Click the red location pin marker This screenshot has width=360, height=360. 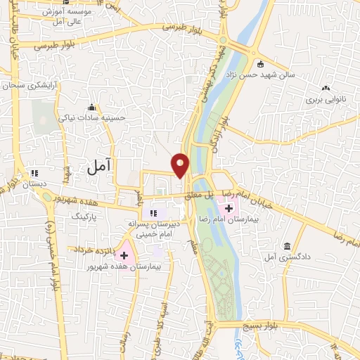tap(181, 164)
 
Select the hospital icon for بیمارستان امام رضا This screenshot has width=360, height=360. tap(229, 208)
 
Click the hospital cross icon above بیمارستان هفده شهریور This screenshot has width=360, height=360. tap(125, 256)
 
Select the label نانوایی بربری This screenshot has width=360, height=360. tap(326, 101)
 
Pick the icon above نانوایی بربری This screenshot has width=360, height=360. tap(326, 89)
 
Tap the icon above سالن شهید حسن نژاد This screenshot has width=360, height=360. tap(259, 62)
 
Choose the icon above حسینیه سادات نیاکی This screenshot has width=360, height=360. tap(91, 107)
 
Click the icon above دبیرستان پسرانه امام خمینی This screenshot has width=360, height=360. tap(151, 212)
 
